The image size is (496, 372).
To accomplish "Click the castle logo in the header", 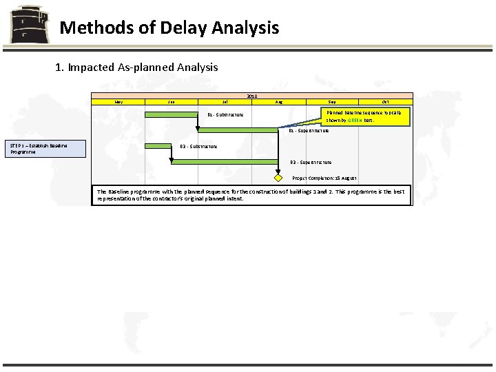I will [x=30, y=25].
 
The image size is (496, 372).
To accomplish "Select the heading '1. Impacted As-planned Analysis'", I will [x=136, y=68].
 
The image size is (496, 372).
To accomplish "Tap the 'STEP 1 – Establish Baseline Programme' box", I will [x=46, y=148].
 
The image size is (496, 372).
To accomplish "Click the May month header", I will [x=118, y=102].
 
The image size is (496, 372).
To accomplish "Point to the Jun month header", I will [x=172, y=102].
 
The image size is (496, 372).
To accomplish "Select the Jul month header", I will [x=225, y=102].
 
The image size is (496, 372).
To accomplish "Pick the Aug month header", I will [x=278, y=102].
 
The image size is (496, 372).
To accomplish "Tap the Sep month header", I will [x=332, y=102].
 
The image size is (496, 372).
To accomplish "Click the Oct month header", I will [x=385, y=102].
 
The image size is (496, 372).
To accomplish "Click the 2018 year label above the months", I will [x=252, y=96].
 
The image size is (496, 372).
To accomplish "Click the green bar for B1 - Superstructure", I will [x=224, y=130].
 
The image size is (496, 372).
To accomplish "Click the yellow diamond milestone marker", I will [x=278, y=178].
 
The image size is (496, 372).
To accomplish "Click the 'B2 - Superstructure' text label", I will [x=311, y=163].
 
